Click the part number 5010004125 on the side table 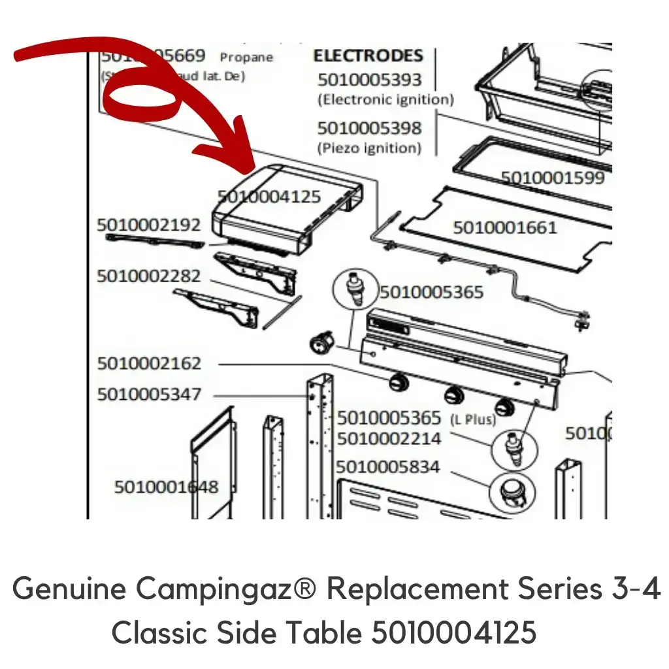click(269, 196)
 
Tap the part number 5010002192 click(149, 225)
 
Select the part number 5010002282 click(149, 276)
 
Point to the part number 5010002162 click(149, 363)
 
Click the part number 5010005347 click(149, 395)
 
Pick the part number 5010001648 click(166, 487)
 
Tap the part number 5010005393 click(370, 80)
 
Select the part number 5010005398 click(370, 128)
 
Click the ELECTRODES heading click(368, 56)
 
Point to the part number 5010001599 click(553, 177)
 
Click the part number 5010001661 click(505, 227)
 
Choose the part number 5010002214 click(389, 438)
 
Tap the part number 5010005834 click(388, 467)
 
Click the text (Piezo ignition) click(369, 148)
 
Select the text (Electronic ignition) click(385, 100)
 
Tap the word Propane click(246, 57)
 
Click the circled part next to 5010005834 click(512, 491)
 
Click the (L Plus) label click(473, 419)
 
